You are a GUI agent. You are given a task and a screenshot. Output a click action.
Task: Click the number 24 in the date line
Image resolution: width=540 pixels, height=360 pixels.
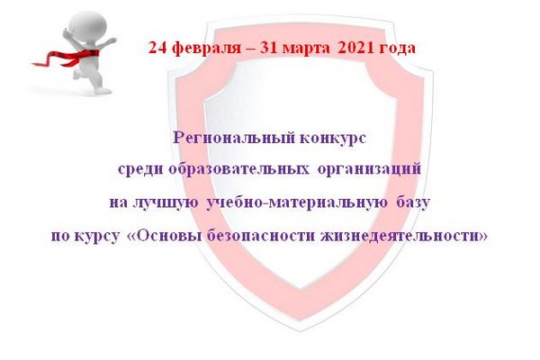[x=157, y=48]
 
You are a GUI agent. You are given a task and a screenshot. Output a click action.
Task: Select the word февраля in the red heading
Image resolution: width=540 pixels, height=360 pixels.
[x=206, y=49]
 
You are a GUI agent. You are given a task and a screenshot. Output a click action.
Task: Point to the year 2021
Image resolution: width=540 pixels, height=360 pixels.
[x=355, y=48]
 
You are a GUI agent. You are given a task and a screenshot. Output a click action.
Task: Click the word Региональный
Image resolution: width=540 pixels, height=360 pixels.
[x=234, y=138]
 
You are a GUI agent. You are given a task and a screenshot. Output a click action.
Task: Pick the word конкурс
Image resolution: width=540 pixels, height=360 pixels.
[x=333, y=139]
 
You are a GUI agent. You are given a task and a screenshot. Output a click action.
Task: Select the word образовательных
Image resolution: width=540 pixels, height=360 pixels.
[x=238, y=169]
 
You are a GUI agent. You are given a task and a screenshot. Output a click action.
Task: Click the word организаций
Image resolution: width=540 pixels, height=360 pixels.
[x=369, y=169]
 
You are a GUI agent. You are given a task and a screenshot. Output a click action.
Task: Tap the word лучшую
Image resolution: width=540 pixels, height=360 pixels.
[x=166, y=202]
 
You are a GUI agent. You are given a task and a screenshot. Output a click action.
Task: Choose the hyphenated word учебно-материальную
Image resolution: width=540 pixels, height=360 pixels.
[x=297, y=202]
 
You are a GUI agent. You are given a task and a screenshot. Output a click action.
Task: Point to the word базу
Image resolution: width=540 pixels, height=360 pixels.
[x=413, y=202]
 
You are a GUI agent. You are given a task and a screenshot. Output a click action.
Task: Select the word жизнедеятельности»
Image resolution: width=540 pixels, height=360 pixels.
[x=404, y=236]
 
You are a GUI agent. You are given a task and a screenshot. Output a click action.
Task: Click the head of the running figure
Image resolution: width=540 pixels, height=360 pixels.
[x=88, y=25]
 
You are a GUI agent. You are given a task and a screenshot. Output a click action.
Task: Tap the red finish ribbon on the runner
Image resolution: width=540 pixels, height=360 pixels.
[x=66, y=58]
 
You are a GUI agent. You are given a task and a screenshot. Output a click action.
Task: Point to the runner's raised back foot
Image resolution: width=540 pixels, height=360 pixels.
[x=76, y=75]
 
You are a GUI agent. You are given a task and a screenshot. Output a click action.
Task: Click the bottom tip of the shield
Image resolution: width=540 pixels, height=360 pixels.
[x=300, y=330]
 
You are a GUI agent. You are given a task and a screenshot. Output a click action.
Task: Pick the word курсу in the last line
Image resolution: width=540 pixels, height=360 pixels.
[x=98, y=237]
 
